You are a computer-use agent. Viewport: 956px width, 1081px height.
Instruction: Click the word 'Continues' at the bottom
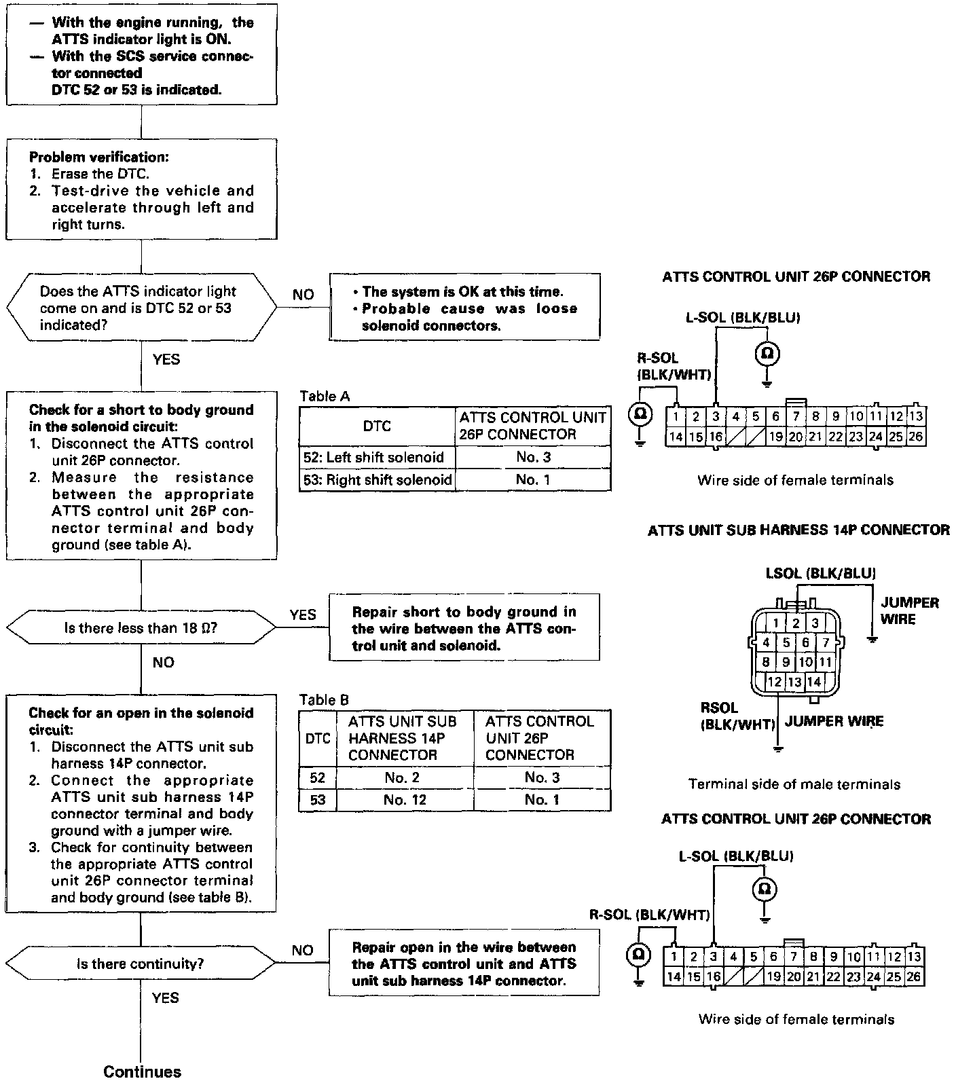143,1071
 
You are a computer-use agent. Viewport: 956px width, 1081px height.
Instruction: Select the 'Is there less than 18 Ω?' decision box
141,627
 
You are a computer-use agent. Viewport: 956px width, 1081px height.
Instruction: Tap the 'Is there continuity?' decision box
141,964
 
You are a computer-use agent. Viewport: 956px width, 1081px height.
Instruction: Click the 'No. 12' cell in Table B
405,800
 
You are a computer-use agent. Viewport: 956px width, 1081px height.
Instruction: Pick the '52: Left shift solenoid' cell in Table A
377,457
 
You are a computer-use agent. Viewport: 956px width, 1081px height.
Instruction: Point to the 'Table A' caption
325,396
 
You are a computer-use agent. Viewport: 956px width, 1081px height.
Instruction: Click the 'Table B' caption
325,699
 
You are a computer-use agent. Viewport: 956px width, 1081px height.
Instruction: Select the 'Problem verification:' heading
99,157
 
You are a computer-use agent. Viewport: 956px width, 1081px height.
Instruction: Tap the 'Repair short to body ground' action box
464,627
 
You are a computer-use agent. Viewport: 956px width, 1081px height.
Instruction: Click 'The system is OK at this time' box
464,307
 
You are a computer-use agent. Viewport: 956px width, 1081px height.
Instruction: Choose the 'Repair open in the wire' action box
464,963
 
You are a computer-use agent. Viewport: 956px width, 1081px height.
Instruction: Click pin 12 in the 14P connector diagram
775,682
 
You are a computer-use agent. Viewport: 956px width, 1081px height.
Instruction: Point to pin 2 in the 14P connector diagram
795,623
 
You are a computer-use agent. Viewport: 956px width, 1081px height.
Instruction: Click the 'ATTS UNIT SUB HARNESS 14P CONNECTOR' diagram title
798,530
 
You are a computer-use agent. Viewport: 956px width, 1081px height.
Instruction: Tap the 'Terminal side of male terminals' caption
794,784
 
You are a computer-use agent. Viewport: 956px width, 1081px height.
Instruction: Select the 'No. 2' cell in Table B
405,777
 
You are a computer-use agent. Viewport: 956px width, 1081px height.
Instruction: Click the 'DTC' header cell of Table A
377,426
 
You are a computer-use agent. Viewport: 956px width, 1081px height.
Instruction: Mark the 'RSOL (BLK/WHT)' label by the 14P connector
737,716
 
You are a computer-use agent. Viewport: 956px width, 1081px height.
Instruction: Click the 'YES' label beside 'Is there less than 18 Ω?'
303,615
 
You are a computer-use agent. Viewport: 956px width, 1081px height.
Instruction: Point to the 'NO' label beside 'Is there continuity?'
303,951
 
